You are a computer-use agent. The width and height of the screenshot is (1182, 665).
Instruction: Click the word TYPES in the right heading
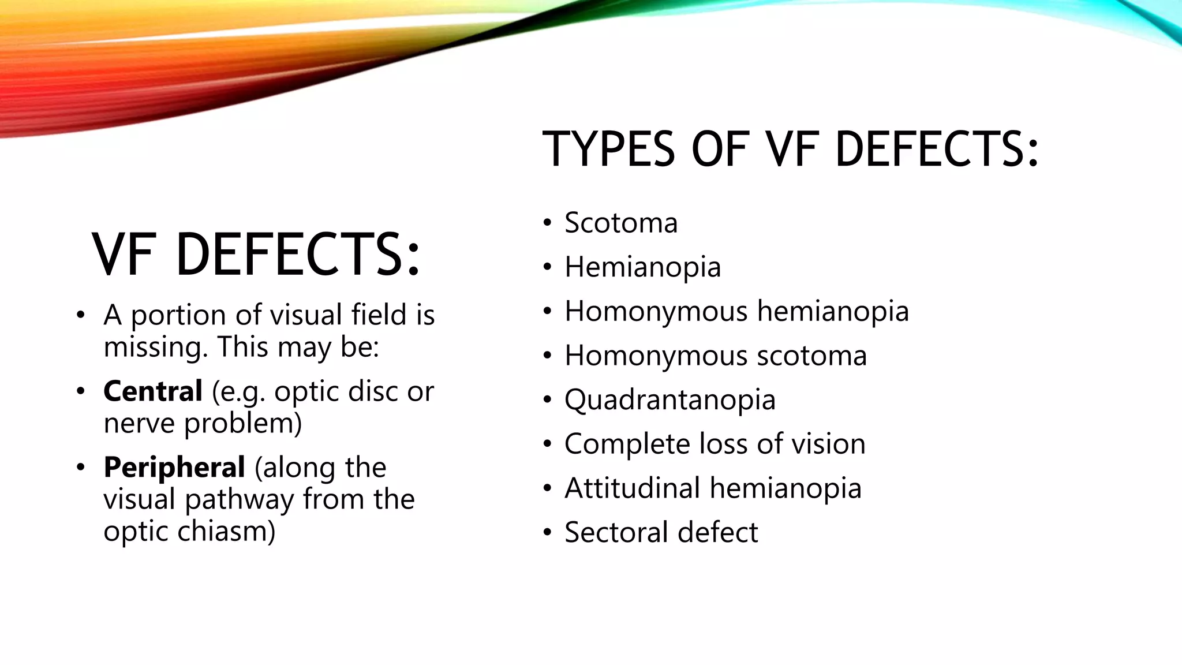click(x=608, y=149)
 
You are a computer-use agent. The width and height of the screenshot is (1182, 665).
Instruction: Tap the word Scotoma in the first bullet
click(x=621, y=223)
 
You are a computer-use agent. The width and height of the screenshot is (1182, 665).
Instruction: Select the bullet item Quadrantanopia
click(x=670, y=400)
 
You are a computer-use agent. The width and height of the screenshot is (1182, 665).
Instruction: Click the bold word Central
click(x=153, y=391)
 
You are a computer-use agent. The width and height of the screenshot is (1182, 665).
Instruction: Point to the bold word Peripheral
click(x=174, y=467)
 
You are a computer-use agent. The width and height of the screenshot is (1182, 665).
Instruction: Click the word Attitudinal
click(x=632, y=488)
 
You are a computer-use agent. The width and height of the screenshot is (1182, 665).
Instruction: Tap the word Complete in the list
click(x=627, y=444)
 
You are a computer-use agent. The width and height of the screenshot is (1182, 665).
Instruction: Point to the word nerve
click(x=139, y=423)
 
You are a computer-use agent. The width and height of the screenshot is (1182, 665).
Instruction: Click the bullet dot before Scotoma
click(x=548, y=223)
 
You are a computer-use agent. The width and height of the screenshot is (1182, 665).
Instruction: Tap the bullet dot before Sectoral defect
click(x=548, y=532)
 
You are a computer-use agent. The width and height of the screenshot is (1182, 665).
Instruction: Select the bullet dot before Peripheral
click(x=81, y=467)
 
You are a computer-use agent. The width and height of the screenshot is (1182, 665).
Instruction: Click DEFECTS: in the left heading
click(x=298, y=254)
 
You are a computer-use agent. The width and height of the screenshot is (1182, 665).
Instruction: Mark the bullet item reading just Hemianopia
click(x=642, y=267)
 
